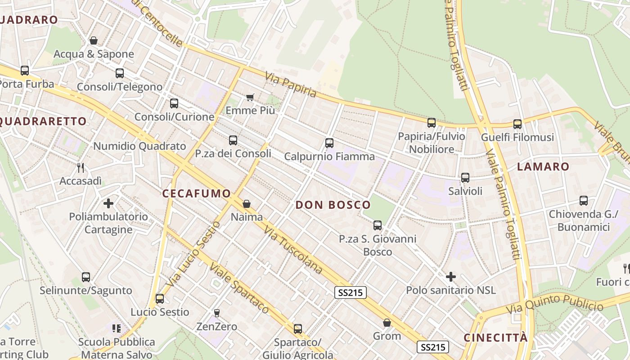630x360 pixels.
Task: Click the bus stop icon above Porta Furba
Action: click(x=25, y=71)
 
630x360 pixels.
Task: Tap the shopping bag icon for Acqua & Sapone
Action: click(x=94, y=41)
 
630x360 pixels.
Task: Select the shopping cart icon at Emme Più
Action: click(x=250, y=97)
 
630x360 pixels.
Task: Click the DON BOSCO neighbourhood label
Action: click(x=333, y=205)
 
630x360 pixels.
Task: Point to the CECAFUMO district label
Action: click(x=196, y=193)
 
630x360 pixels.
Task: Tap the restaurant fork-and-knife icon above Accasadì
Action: click(x=81, y=168)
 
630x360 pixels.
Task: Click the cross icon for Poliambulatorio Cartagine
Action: click(x=108, y=203)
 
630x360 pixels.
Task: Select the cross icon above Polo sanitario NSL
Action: click(x=450, y=277)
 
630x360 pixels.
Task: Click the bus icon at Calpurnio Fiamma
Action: click(x=329, y=143)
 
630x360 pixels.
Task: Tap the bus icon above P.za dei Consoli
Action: click(x=233, y=140)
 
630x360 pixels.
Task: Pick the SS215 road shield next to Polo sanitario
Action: click(x=351, y=292)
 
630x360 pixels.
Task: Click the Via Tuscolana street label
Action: click(x=293, y=250)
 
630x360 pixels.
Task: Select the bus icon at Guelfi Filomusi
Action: click(x=517, y=124)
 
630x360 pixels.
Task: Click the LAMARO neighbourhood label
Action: click(x=543, y=166)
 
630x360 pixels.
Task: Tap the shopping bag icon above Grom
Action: click(x=387, y=323)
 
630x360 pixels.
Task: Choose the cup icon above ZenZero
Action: click(x=216, y=313)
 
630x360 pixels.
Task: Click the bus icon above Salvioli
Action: click(x=465, y=178)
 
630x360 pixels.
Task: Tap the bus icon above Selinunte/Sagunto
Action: click(x=86, y=277)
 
